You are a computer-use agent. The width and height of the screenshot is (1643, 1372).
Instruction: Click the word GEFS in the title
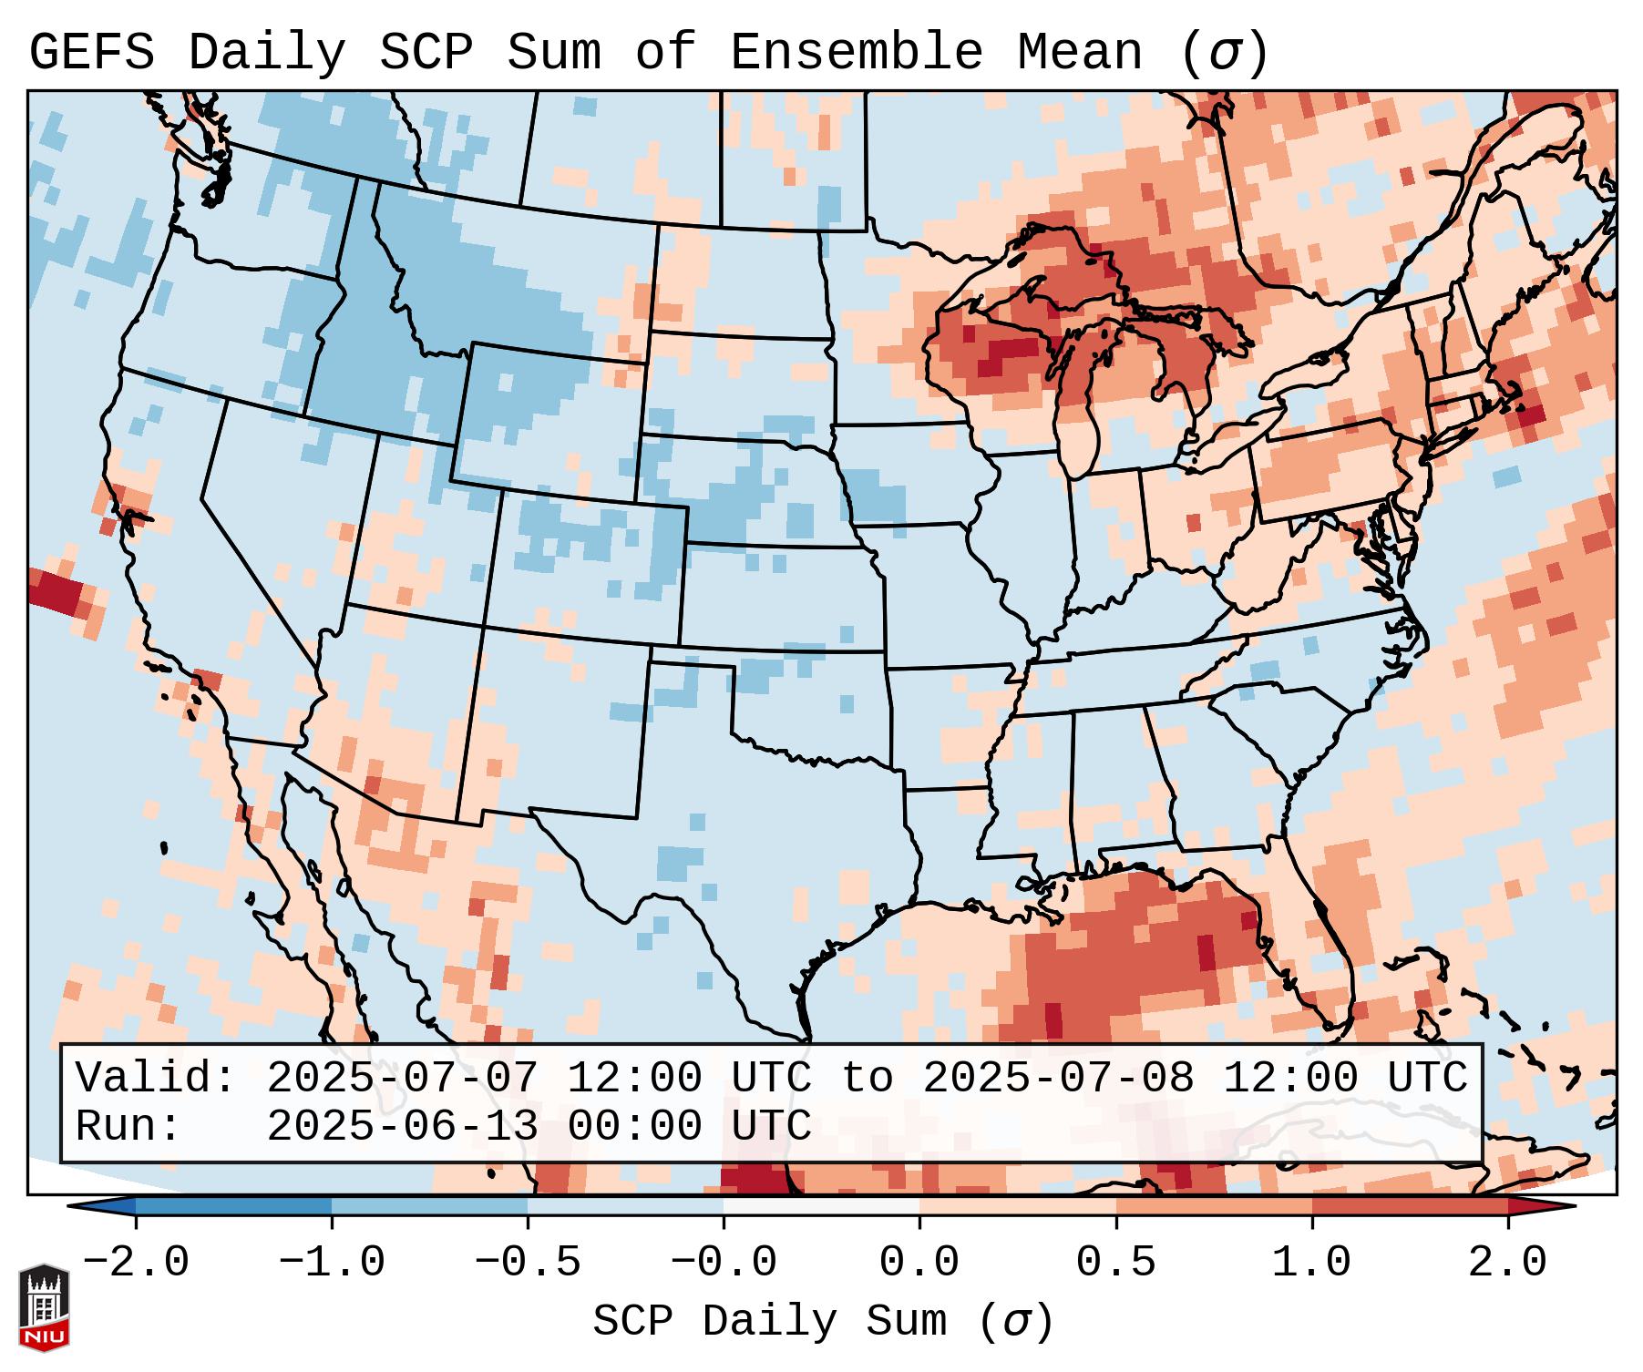(x=91, y=53)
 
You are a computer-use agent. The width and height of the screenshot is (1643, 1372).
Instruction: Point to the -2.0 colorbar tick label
(x=136, y=1263)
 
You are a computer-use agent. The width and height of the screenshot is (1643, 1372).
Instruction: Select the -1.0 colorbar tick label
(x=332, y=1263)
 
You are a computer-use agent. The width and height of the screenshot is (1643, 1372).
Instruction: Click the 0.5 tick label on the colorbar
(x=1115, y=1263)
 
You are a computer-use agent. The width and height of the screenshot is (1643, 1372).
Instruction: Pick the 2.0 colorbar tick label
(x=1507, y=1263)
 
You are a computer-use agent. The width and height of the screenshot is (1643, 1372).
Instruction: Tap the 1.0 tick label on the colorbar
(x=1311, y=1263)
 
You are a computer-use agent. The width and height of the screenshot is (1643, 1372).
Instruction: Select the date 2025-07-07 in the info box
(x=401, y=1079)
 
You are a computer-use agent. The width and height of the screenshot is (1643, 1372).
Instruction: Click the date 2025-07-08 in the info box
(x=1057, y=1079)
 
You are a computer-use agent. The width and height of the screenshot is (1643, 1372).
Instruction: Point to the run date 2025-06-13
(x=401, y=1127)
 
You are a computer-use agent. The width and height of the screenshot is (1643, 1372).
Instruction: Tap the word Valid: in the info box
(x=156, y=1079)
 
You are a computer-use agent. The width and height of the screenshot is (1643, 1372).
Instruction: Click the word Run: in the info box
(x=128, y=1127)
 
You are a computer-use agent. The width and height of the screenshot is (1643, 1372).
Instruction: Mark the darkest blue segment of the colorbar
(x=233, y=1206)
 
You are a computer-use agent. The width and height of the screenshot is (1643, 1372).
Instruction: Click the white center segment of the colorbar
(x=821, y=1206)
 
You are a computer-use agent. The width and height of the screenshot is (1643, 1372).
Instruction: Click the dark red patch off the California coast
(x=56, y=591)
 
